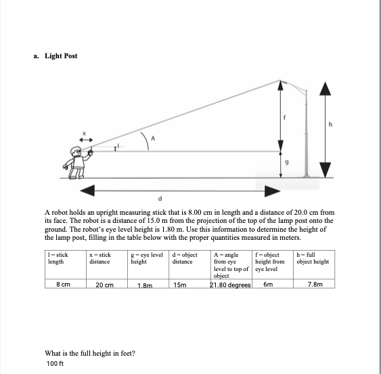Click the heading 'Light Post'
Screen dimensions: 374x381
[61, 55]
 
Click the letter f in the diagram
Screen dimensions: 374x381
[286, 117]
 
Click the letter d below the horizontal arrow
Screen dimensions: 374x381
[160, 199]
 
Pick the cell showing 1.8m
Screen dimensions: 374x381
[143, 286]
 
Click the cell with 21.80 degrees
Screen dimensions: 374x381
[231, 285]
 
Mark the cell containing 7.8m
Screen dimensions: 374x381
[314, 285]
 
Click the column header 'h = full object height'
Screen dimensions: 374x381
[314, 258]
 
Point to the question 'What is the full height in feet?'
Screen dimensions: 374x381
[89, 352]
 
